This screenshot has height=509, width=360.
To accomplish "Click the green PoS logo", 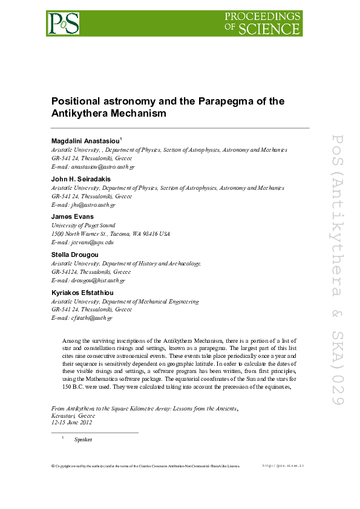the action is [64, 23].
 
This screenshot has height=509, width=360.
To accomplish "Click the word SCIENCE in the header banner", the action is [270, 28].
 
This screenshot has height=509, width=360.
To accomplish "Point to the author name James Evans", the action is [73, 217].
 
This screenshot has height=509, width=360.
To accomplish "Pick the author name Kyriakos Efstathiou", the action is [82, 293].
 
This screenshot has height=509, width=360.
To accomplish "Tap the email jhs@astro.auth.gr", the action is [93, 205].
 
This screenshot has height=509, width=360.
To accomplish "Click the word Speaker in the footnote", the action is [83, 439].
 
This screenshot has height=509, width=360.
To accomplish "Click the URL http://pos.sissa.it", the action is [283, 465].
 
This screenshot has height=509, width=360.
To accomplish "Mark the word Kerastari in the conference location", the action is [64, 416].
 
